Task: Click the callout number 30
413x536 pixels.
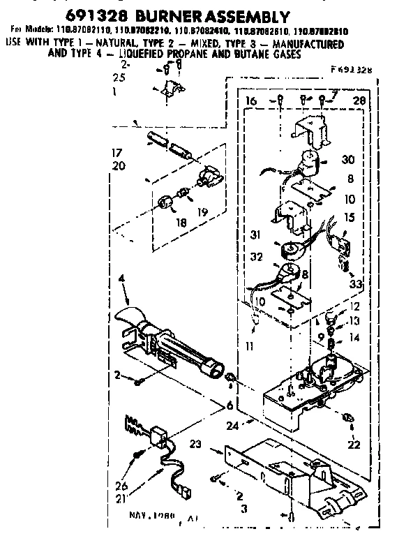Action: coord(348,160)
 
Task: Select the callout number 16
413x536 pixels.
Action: coord(252,102)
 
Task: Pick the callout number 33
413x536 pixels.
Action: coord(356,284)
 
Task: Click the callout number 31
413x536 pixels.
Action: coord(256,234)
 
